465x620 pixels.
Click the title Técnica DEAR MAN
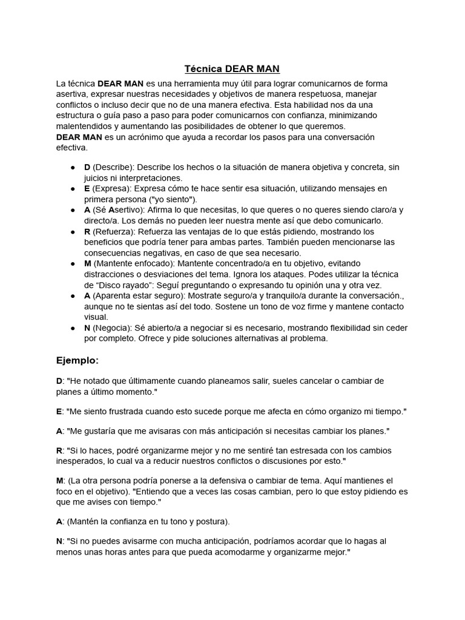click(232, 69)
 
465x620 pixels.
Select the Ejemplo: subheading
click(77, 360)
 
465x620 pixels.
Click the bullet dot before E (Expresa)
click(73, 189)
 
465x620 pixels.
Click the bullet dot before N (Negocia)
click(73, 328)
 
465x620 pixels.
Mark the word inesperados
click(80, 461)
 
